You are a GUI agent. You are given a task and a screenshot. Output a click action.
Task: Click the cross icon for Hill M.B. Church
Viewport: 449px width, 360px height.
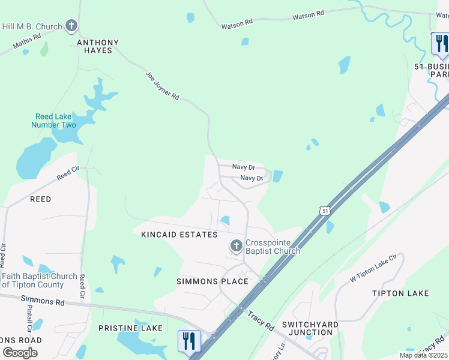pos(71,26)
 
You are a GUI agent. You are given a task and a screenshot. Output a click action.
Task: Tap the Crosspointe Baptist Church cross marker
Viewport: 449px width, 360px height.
pos(236,245)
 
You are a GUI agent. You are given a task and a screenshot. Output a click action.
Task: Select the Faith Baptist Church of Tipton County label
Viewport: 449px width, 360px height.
pos(39,280)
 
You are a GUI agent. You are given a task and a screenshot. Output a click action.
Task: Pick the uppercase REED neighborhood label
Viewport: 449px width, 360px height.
pos(40,199)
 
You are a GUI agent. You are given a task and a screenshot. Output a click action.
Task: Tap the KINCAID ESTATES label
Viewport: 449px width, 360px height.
pos(179,235)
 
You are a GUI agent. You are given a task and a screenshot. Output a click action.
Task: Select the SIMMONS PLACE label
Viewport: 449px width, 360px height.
pos(212,281)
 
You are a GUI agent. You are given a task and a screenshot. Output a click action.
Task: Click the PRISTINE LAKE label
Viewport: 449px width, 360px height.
pos(130,328)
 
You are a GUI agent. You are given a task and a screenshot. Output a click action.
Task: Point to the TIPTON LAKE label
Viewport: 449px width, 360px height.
pos(400,293)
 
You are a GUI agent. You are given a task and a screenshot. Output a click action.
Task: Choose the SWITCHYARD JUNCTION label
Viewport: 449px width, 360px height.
pos(310,329)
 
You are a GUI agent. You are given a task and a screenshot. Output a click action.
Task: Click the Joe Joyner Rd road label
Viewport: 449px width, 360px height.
pos(163,85)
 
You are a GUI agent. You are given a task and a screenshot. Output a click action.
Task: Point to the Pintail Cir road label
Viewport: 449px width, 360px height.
pos(28,318)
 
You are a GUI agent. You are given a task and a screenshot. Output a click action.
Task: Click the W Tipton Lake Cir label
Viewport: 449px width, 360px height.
pos(374,269)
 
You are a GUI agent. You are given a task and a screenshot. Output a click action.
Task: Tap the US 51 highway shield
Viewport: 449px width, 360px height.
pos(325,211)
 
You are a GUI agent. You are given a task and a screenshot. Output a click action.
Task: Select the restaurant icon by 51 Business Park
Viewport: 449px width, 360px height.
pos(441,43)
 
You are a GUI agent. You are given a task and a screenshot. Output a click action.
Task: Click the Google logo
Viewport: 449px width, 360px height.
pos(20,352)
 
